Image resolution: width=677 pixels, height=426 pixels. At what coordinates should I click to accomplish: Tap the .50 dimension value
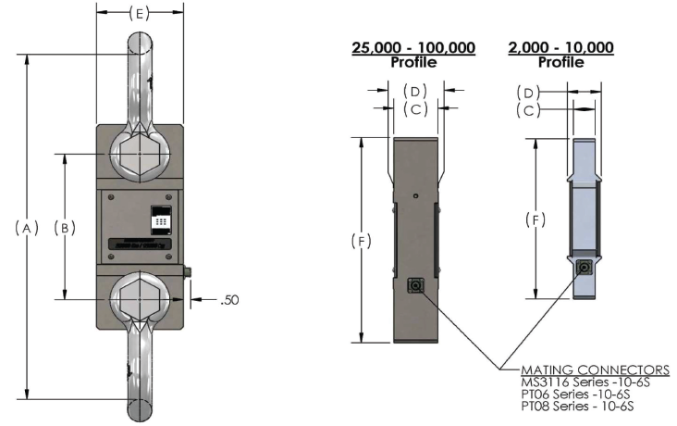pyautogui.click(x=230, y=301)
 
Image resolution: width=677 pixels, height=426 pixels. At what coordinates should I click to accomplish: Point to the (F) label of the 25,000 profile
pyautogui.click(x=362, y=241)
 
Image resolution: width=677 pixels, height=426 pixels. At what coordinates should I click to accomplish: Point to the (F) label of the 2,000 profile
pyautogui.click(x=535, y=220)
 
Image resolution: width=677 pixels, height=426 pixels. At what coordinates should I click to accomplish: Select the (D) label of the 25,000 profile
pyautogui.click(x=414, y=91)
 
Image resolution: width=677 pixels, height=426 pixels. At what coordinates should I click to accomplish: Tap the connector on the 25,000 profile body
pyautogui.click(x=414, y=285)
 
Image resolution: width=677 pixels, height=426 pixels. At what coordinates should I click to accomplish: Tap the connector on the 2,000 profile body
pyautogui.click(x=584, y=267)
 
